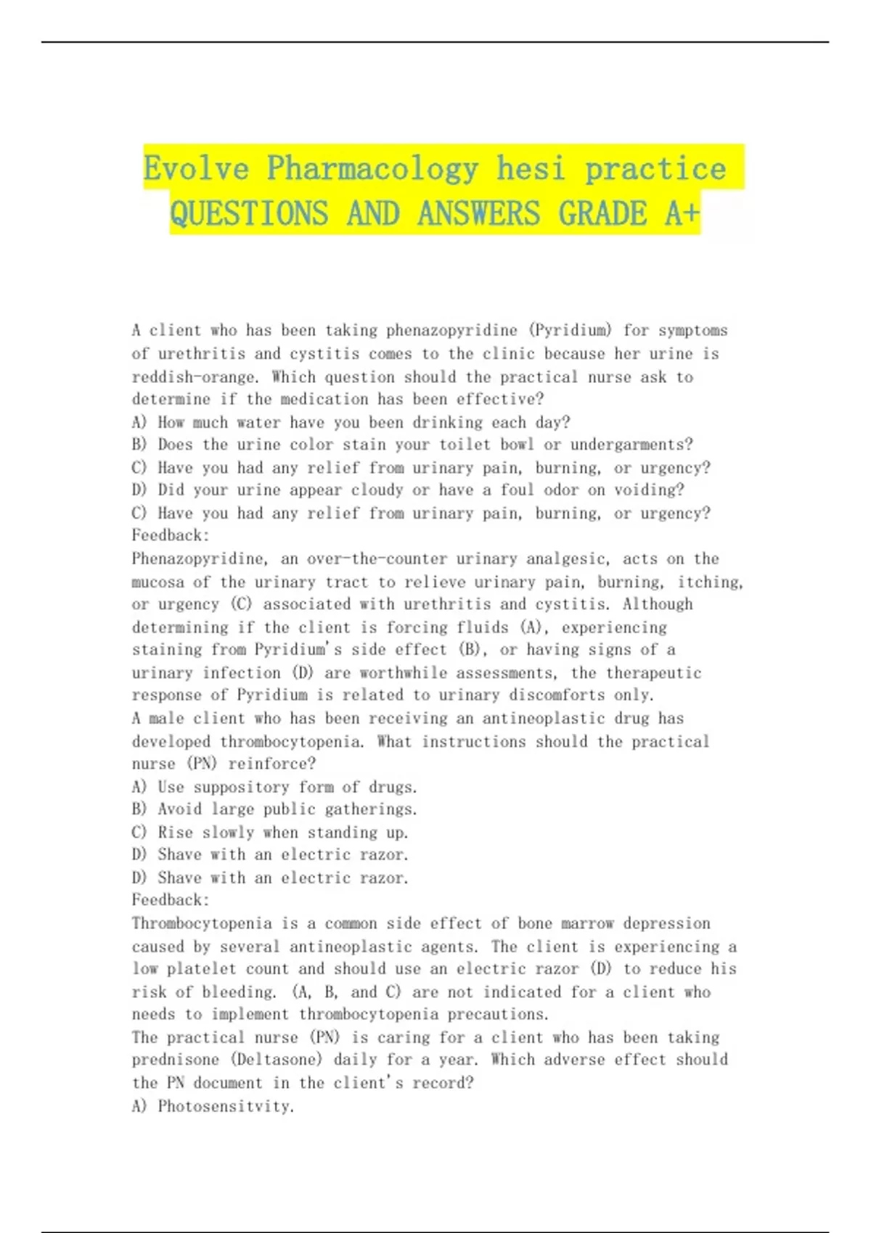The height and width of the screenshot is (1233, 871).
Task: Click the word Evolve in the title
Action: pos(196,168)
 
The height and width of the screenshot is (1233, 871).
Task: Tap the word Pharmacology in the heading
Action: pos(372,168)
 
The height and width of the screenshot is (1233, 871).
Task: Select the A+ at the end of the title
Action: pos(682,213)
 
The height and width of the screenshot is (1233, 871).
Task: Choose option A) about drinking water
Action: pos(351,422)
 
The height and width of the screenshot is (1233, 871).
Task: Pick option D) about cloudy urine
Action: pos(408,490)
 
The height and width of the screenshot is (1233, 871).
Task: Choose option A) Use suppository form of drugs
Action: pos(274,787)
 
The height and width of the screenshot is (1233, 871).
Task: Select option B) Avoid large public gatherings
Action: pos(274,809)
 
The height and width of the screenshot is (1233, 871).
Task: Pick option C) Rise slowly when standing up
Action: pos(270,833)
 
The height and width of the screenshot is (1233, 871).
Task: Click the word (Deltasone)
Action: pos(277,1060)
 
